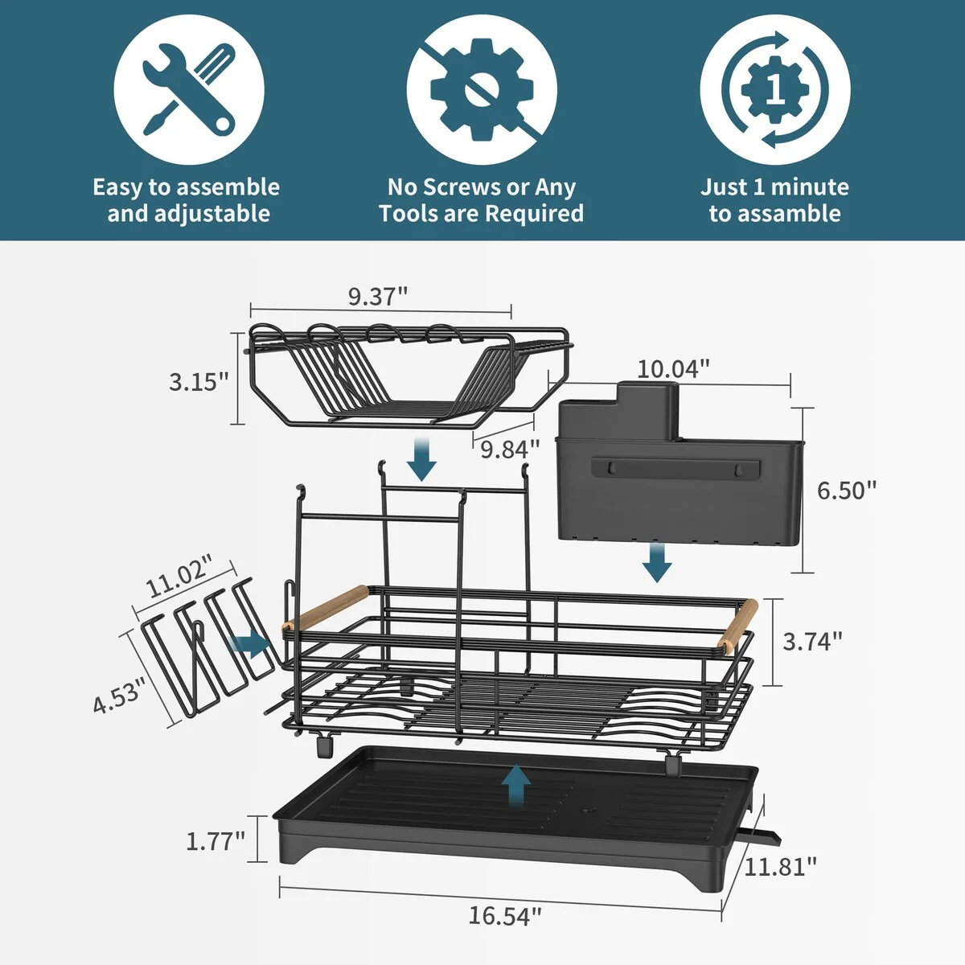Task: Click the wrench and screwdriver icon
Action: point(189,89)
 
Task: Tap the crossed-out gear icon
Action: point(482,89)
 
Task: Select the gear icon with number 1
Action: point(774,89)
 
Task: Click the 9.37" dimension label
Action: point(378,296)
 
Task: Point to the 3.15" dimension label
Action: point(199,381)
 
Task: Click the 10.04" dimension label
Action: point(673,369)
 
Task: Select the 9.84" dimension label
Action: point(510,449)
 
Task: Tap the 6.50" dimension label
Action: point(847,490)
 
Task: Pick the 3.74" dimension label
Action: point(812,641)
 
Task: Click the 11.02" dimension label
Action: point(179,575)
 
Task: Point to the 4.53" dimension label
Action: point(119,695)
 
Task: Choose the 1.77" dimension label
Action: point(216,841)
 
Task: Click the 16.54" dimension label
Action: point(505,915)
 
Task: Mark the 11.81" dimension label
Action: point(780,866)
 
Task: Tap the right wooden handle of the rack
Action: point(738,624)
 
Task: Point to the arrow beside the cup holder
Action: point(249,643)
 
